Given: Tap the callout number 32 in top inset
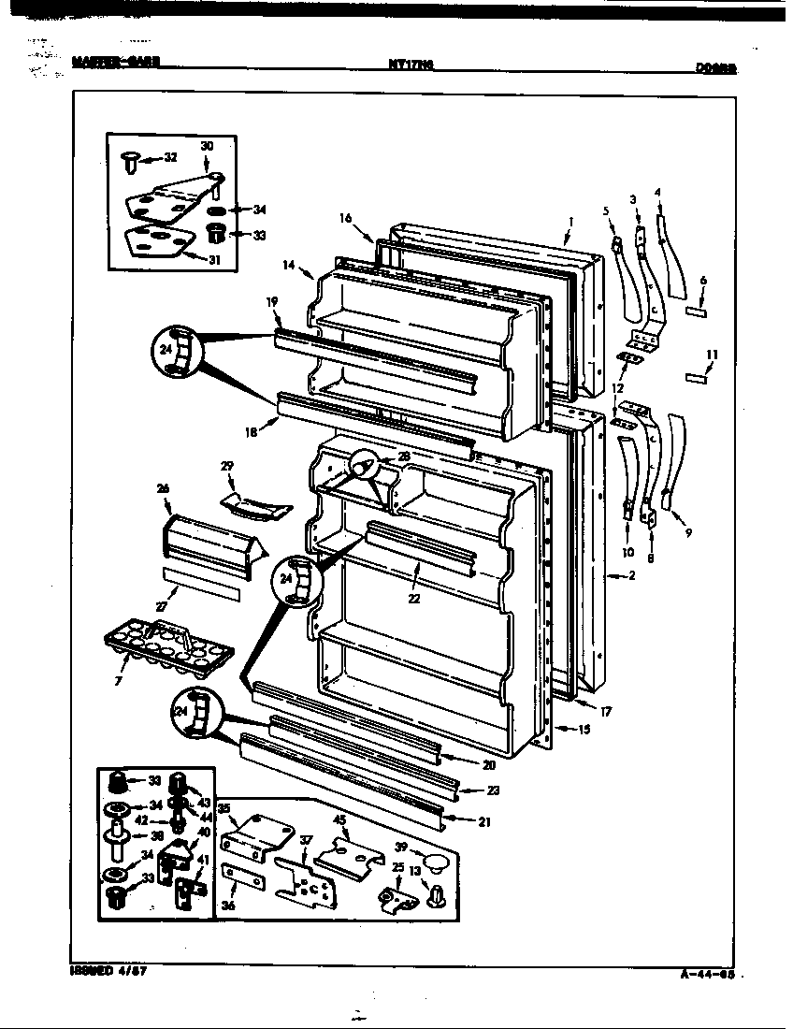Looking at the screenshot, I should (169, 158).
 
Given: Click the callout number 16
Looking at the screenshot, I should (346, 218).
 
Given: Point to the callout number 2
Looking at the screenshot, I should (632, 575).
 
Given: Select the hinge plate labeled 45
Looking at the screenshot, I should (351, 853).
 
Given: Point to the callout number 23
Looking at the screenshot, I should (494, 790).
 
